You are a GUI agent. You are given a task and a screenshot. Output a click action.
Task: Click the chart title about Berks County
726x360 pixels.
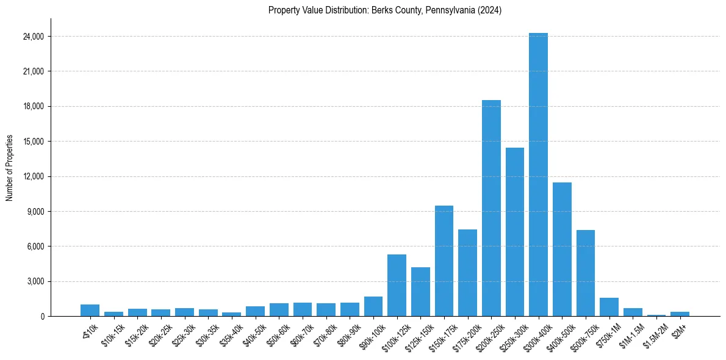click(x=385, y=10)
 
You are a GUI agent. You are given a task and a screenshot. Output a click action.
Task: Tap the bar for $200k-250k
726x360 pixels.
click(x=491, y=208)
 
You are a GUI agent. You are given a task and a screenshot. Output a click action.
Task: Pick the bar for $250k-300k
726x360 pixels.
click(x=515, y=232)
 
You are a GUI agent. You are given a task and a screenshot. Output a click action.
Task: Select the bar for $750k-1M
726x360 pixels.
click(x=609, y=307)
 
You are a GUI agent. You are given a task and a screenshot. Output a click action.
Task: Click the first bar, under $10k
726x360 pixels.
click(x=90, y=310)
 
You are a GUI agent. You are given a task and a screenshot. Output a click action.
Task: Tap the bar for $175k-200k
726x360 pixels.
click(x=467, y=273)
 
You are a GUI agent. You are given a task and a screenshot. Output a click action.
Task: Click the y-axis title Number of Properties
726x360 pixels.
click(x=10, y=167)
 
